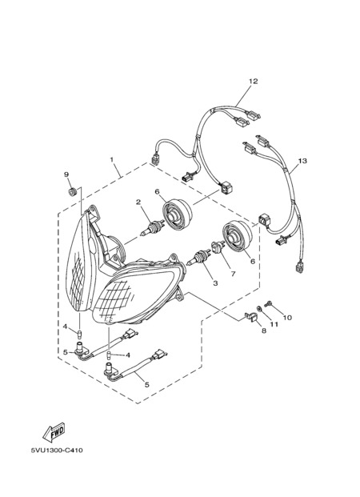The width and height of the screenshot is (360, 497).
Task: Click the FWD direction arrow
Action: (54, 432)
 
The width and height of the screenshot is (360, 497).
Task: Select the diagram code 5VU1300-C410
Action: (57, 451)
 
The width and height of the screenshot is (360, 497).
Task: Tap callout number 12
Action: (254, 81)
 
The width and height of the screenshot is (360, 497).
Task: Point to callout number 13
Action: (302, 161)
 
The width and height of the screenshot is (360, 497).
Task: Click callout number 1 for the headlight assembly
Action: (112, 160)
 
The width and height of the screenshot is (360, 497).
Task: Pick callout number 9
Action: (66, 174)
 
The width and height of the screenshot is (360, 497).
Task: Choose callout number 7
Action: (234, 275)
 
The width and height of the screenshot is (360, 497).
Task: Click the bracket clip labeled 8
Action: (251, 318)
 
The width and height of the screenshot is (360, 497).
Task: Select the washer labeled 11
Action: (259, 308)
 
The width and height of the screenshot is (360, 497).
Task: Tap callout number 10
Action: (287, 318)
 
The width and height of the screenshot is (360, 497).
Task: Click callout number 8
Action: (264, 331)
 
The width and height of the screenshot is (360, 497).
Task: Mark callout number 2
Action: (138, 202)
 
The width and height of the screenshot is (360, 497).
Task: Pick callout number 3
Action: (215, 283)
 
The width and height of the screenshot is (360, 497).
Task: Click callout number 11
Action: (274, 324)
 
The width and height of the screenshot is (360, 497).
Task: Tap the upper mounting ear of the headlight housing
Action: (93, 210)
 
